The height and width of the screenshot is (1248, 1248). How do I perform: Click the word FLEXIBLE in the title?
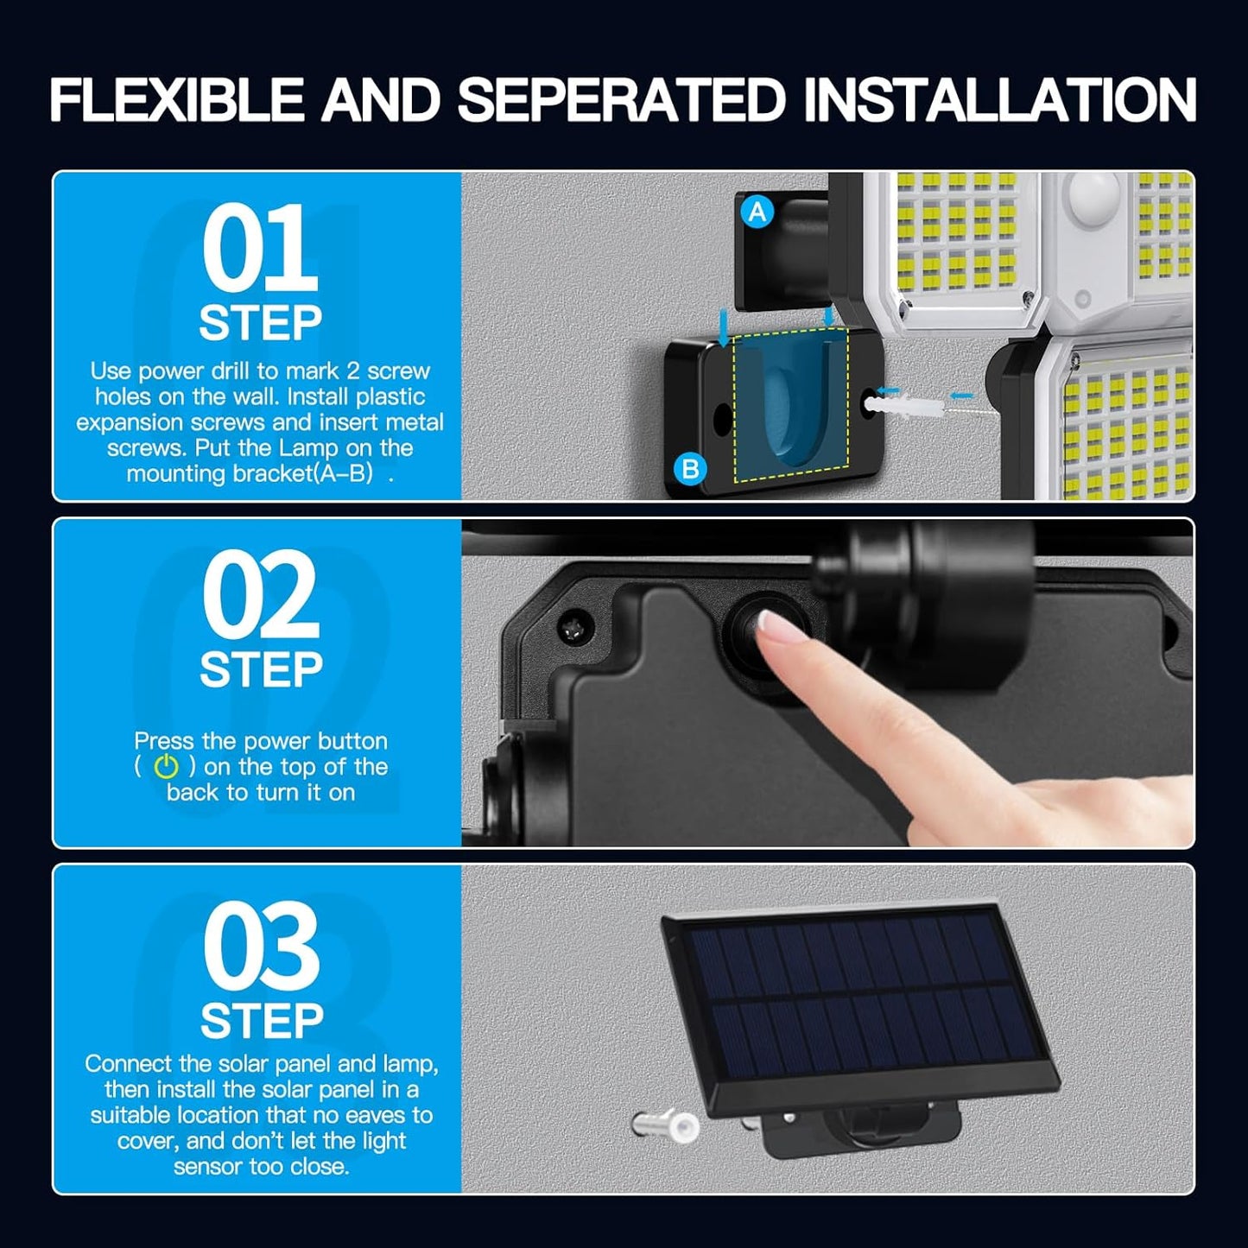(176, 99)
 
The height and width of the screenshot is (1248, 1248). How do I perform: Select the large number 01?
(260, 247)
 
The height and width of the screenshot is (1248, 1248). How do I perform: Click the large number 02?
(260, 594)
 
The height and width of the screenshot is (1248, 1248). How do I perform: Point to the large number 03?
(260, 944)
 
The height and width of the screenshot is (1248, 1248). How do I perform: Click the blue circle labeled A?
(757, 212)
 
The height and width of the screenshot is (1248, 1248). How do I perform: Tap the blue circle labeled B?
(691, 467)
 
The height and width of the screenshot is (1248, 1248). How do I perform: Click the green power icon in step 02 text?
(166, 766)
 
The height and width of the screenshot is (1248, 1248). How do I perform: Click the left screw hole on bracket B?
(722, 420)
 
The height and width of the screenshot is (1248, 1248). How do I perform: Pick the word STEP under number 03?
(261, 1021)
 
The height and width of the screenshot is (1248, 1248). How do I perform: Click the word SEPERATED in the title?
(623, 99)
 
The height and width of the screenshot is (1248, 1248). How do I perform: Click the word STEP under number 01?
(260, 322)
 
